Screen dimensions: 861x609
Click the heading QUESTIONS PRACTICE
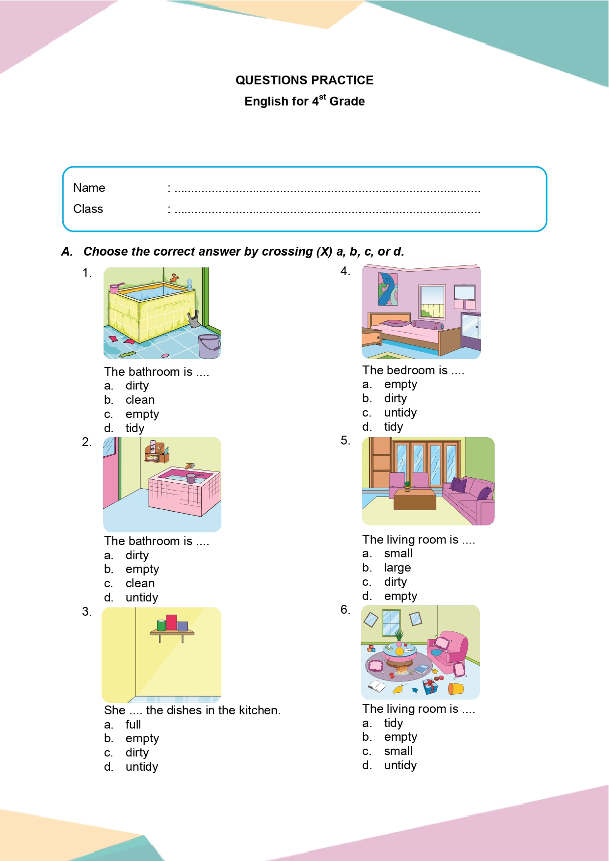pyautogui.click(x=304, y=80)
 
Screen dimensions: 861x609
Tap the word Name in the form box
pyautogui.click(x=89, y=188)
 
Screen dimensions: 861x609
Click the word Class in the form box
pyautogui.click(x=88, y=209)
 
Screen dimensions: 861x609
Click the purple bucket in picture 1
pyautogui.click(x=209, y=345)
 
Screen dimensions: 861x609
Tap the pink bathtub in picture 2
pyautogui.click(x=184, y=493)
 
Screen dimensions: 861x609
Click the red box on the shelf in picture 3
pyautogui.click(x=171, y=623)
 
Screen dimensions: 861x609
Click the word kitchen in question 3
pyautogui.click(x=258, y=710)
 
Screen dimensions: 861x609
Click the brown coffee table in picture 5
pyautogui.click(x=415, y=499)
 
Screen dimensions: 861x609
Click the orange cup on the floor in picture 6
pyautogui.click(x=455, y=688)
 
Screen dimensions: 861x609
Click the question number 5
pyautogui.click(x=345, y=441)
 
